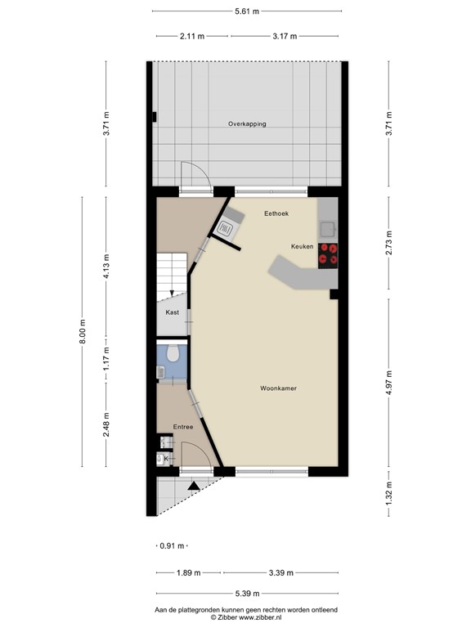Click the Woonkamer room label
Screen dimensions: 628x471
click(x=278, y=388)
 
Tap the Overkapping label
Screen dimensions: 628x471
click(x=247, y=123)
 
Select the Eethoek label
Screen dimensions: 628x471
click(x=276, y=213)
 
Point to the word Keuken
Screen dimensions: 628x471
click(x=303, y=246)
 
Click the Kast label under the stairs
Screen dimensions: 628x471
click(x=172, y=312)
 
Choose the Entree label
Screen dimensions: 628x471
click(x=182, y=427)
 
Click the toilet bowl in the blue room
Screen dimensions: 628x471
click(x=172, y=353)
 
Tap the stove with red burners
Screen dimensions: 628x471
click(x=329, y=255)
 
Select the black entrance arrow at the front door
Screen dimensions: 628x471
click(x=193, y=486)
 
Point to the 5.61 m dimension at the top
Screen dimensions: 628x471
click(x=246, y=11)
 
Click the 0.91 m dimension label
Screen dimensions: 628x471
click(x=172, y=545)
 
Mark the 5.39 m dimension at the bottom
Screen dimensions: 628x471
click(x=246, y=593)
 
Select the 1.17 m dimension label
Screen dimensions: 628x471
click(x=105, y=360)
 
